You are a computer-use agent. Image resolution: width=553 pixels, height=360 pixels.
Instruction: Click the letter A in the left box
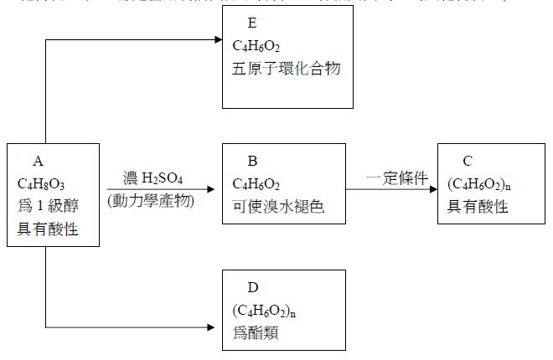pos(37,160)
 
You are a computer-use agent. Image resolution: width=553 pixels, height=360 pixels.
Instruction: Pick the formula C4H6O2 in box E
pos(256,44)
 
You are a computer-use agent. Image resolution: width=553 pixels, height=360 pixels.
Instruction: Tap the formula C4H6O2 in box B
pos(256,183)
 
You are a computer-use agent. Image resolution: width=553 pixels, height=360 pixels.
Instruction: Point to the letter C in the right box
pos(468,160)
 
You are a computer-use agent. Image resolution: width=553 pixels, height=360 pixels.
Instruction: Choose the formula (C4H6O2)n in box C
pos(478,183)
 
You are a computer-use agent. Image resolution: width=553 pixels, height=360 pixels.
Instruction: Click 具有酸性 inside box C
pos(478,206)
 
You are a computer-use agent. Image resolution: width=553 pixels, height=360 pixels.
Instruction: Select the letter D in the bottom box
pos(252,287)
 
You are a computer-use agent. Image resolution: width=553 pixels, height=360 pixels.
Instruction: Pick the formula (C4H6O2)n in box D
pos(263,311)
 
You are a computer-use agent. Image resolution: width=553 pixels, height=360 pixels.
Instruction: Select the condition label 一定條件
pos(398,178)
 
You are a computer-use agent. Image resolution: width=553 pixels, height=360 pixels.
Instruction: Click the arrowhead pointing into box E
pos(216,39)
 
